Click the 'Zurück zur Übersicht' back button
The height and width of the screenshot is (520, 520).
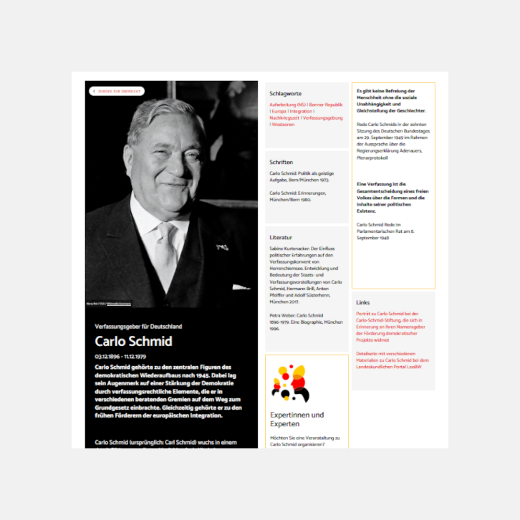click(117, 91)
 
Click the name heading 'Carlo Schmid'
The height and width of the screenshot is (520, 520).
click(133, 341)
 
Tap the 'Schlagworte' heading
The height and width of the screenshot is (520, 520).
click(285, 94)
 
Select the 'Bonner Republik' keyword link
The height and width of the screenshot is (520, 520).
click(326, 105)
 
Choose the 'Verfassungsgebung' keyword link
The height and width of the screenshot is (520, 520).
click(323, 118)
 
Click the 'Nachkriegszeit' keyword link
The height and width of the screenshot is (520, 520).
click(284, 118)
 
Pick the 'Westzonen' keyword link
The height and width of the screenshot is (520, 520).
click(283, 125)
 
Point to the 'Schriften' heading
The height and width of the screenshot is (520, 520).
click(281, 162)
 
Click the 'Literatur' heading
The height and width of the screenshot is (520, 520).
click(281, 237)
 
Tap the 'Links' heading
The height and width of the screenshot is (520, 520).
click(363, 302)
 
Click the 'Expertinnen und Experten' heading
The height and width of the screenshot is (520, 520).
click(297, 419)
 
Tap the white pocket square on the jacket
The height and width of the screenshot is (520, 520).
click(240, 287)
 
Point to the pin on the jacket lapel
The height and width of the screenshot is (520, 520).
click(222, 247)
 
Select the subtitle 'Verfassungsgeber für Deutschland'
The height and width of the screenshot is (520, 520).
click(138, 326)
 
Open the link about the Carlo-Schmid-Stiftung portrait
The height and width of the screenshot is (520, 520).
click(390, 327)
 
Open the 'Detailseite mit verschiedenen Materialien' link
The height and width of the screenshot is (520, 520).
click(392, 360)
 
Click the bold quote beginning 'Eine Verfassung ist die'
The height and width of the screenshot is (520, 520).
click(392, 198)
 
